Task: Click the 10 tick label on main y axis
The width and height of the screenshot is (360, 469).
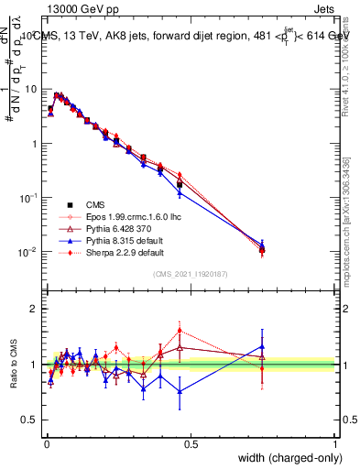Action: click(31, 89)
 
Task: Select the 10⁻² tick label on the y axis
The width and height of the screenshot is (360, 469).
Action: click(29, 252)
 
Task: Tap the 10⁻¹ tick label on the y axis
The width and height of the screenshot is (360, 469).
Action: click(29, 198)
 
